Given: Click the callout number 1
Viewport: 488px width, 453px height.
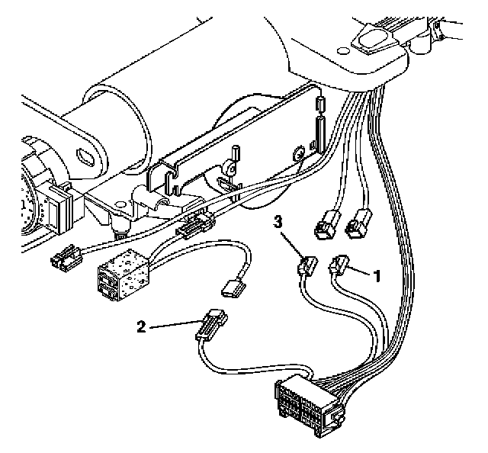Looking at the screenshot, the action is pyautogui.click(x=376, y=275).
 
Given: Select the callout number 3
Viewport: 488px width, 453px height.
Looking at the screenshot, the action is pyautogui.click(x=280, y=222).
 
